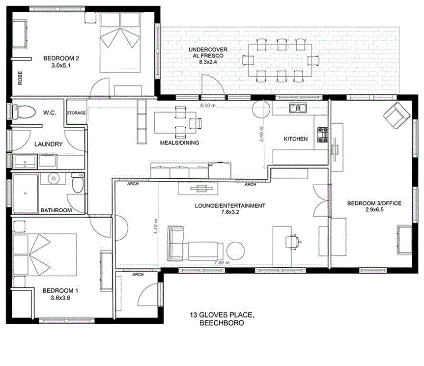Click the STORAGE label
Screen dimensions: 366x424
coord(76,113)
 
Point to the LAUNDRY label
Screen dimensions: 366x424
coord(48,144)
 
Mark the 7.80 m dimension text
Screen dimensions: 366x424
coord(222,263)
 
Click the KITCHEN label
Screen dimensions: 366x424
coord(296,139)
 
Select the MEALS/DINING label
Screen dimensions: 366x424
coord(179,143)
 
